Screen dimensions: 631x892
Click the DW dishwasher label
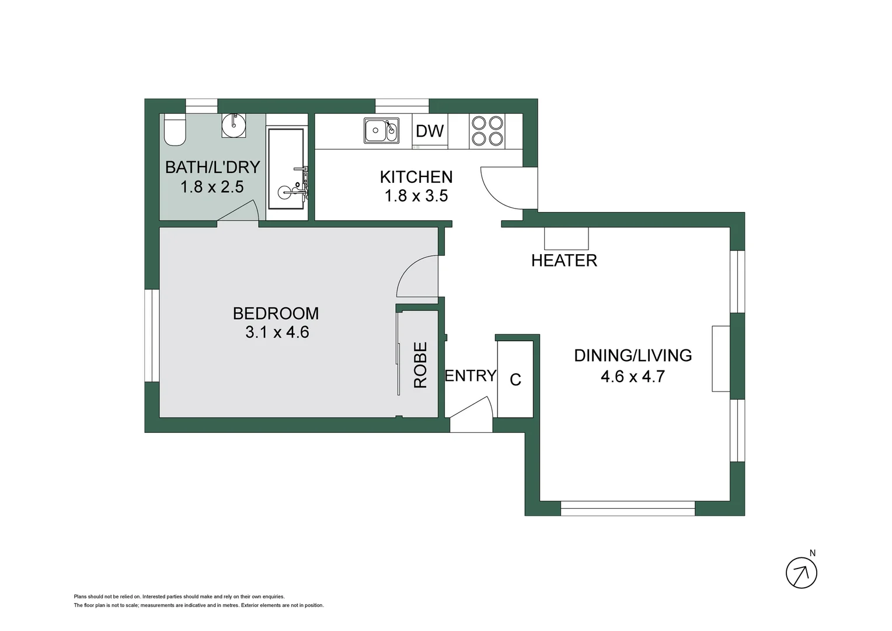pyautogui.click(x=430, y=131)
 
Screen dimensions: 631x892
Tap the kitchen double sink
pyautogui.click(x=382, y=130)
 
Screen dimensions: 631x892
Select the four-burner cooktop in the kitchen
pyautogui.click(x=487, y=131)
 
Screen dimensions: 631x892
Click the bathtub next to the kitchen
pyautogui.click(x=286, y=168)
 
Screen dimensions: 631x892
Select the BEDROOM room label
pyautogui.click(x=276, y=313)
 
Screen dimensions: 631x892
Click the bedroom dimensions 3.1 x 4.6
pyautogui.click(x=277, y=332)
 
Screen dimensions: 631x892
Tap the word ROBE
pyautogui.click(x=420, y=365)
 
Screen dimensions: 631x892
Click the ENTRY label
pyautogui.click(x=471, y=376)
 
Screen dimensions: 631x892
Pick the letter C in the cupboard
pyautogui.click(x=515, y=380)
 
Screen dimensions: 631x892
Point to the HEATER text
pyautogui.click(x=564, y=261)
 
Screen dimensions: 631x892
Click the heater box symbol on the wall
pyautogui.click(x=566, y=238)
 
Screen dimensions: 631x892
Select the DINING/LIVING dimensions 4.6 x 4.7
pyautogui.click(x=633, y=376)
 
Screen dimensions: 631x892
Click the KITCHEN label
pyautogui.click(x=416, y=176)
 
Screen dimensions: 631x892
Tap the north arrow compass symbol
pyautogui.click(x=801, y=573)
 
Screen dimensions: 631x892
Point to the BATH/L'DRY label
pyautogui.click(x=212, y=167)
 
